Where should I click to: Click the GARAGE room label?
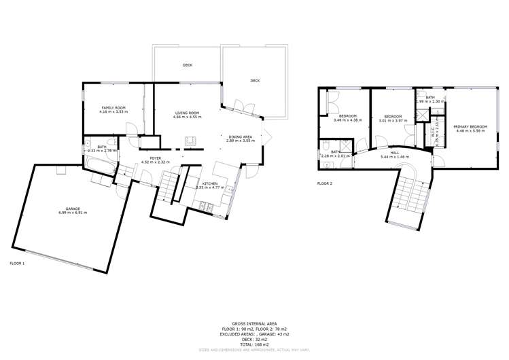coord(73,209)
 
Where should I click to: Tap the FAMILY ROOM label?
coord(113,108)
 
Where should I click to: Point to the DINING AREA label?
coord(241,136)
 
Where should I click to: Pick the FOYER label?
coord(155,158)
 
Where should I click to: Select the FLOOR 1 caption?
coord(18,263)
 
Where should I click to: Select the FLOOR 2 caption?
coord(325,183)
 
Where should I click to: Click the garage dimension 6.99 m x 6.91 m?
coord(73,213)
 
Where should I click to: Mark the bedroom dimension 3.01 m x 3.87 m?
coord(393,121)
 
